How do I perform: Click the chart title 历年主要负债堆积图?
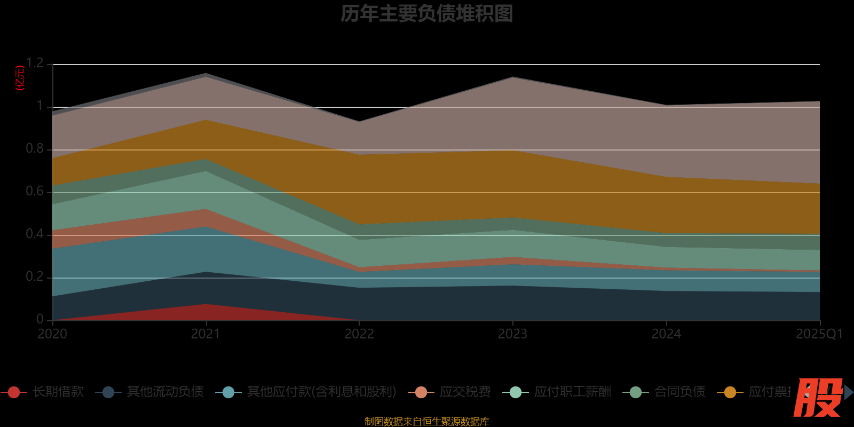click(x=426, y=14)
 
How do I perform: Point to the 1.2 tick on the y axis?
click(x=35, y=63)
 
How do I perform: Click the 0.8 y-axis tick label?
click(x=35, y=148)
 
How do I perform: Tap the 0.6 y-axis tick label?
click(x=35, y=191)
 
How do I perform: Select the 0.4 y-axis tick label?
click(x=35, y=234)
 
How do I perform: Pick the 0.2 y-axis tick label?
click(x=35, y=276)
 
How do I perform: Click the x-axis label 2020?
click(x=52, y=334)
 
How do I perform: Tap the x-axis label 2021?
click(x=205, y=334)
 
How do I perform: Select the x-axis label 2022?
click(x=359, y=334)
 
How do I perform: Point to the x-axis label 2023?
click(x=512, y=334)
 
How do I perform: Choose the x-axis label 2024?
click(x=666, y=334)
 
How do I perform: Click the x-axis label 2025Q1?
click(x=819, y=334)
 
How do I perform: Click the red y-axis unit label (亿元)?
click(x=20, y=78)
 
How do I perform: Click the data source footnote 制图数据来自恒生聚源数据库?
click(x=426, y=422)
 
